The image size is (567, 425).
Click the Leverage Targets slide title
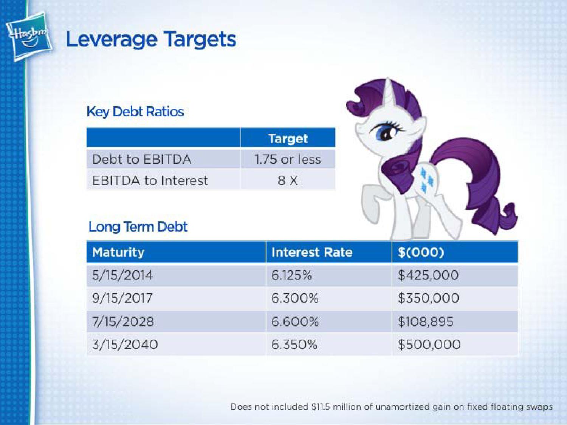pos(151,40)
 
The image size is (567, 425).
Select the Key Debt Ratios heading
pos(135,112)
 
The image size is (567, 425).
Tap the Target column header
pos(288,139)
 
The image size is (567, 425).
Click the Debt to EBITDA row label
pos(141,159)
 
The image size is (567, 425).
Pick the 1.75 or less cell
pos(288,159)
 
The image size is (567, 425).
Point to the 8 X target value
pos(288,180)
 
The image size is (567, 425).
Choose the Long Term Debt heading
pos(138,227)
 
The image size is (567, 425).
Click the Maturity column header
pos(118,252)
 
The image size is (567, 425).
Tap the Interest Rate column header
pos(312,252)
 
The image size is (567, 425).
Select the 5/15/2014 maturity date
pos(122,275)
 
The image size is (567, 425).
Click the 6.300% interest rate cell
pos(295,298)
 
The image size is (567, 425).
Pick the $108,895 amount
pos(426,321)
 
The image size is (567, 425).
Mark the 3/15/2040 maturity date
pos(125,345)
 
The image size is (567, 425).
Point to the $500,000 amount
pos(429,345)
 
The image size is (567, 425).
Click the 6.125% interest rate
pos(292,275)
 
